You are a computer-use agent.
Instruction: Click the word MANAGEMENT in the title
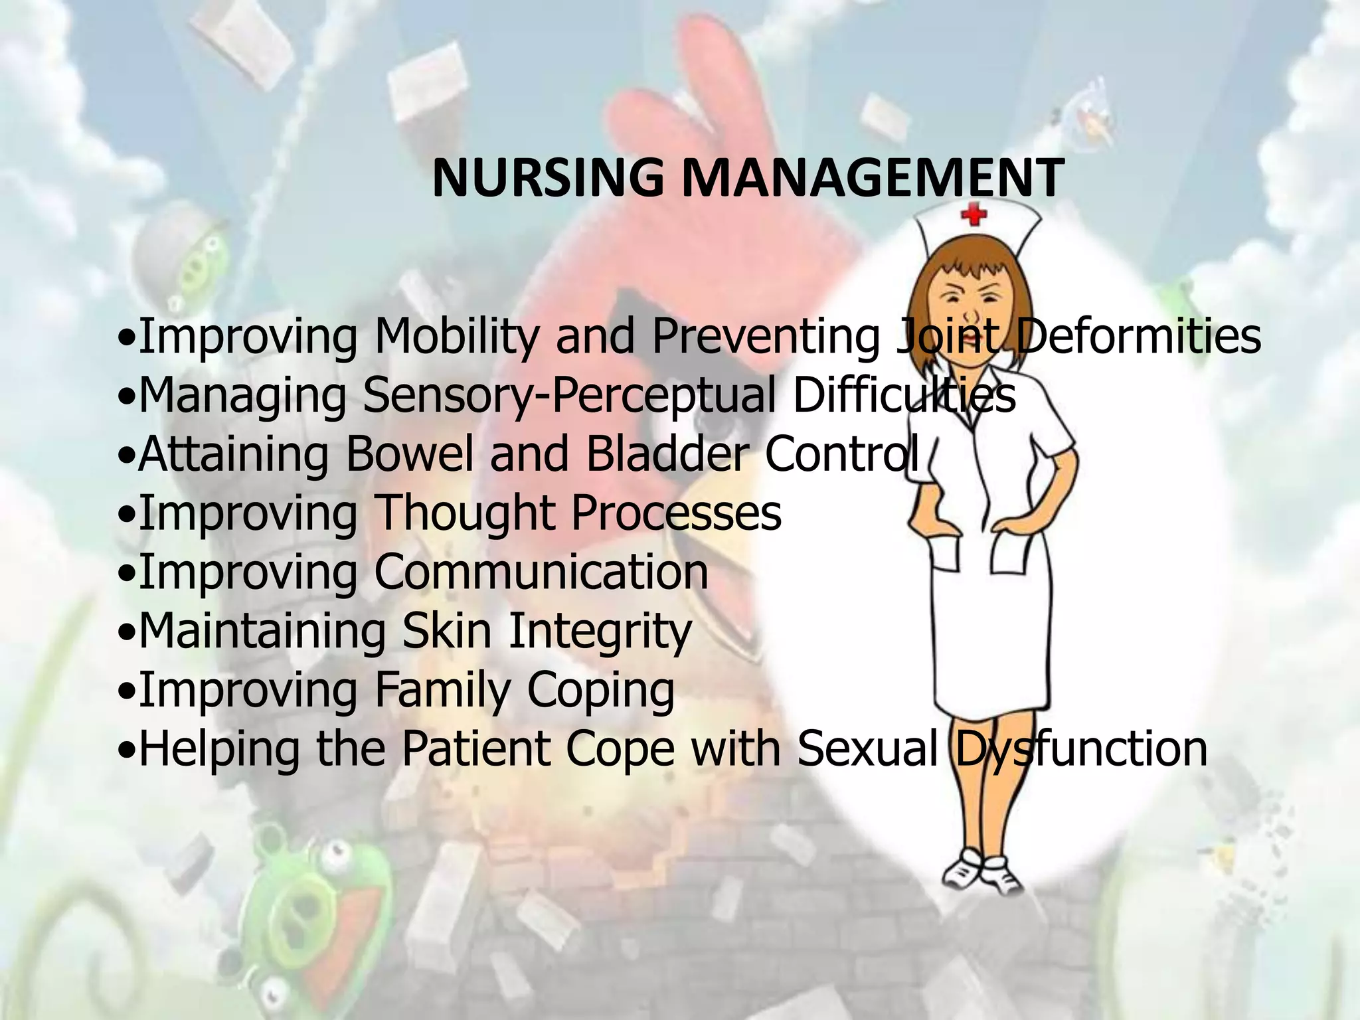tap(872, 179)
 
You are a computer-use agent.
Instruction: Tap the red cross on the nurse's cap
tap(974, 214)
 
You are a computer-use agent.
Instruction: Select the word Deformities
tap(1137, 336)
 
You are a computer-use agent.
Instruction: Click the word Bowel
tap(410, 454)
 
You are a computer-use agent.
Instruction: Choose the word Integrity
tap(600, 632)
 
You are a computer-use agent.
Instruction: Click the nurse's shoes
tap(982, 871)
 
